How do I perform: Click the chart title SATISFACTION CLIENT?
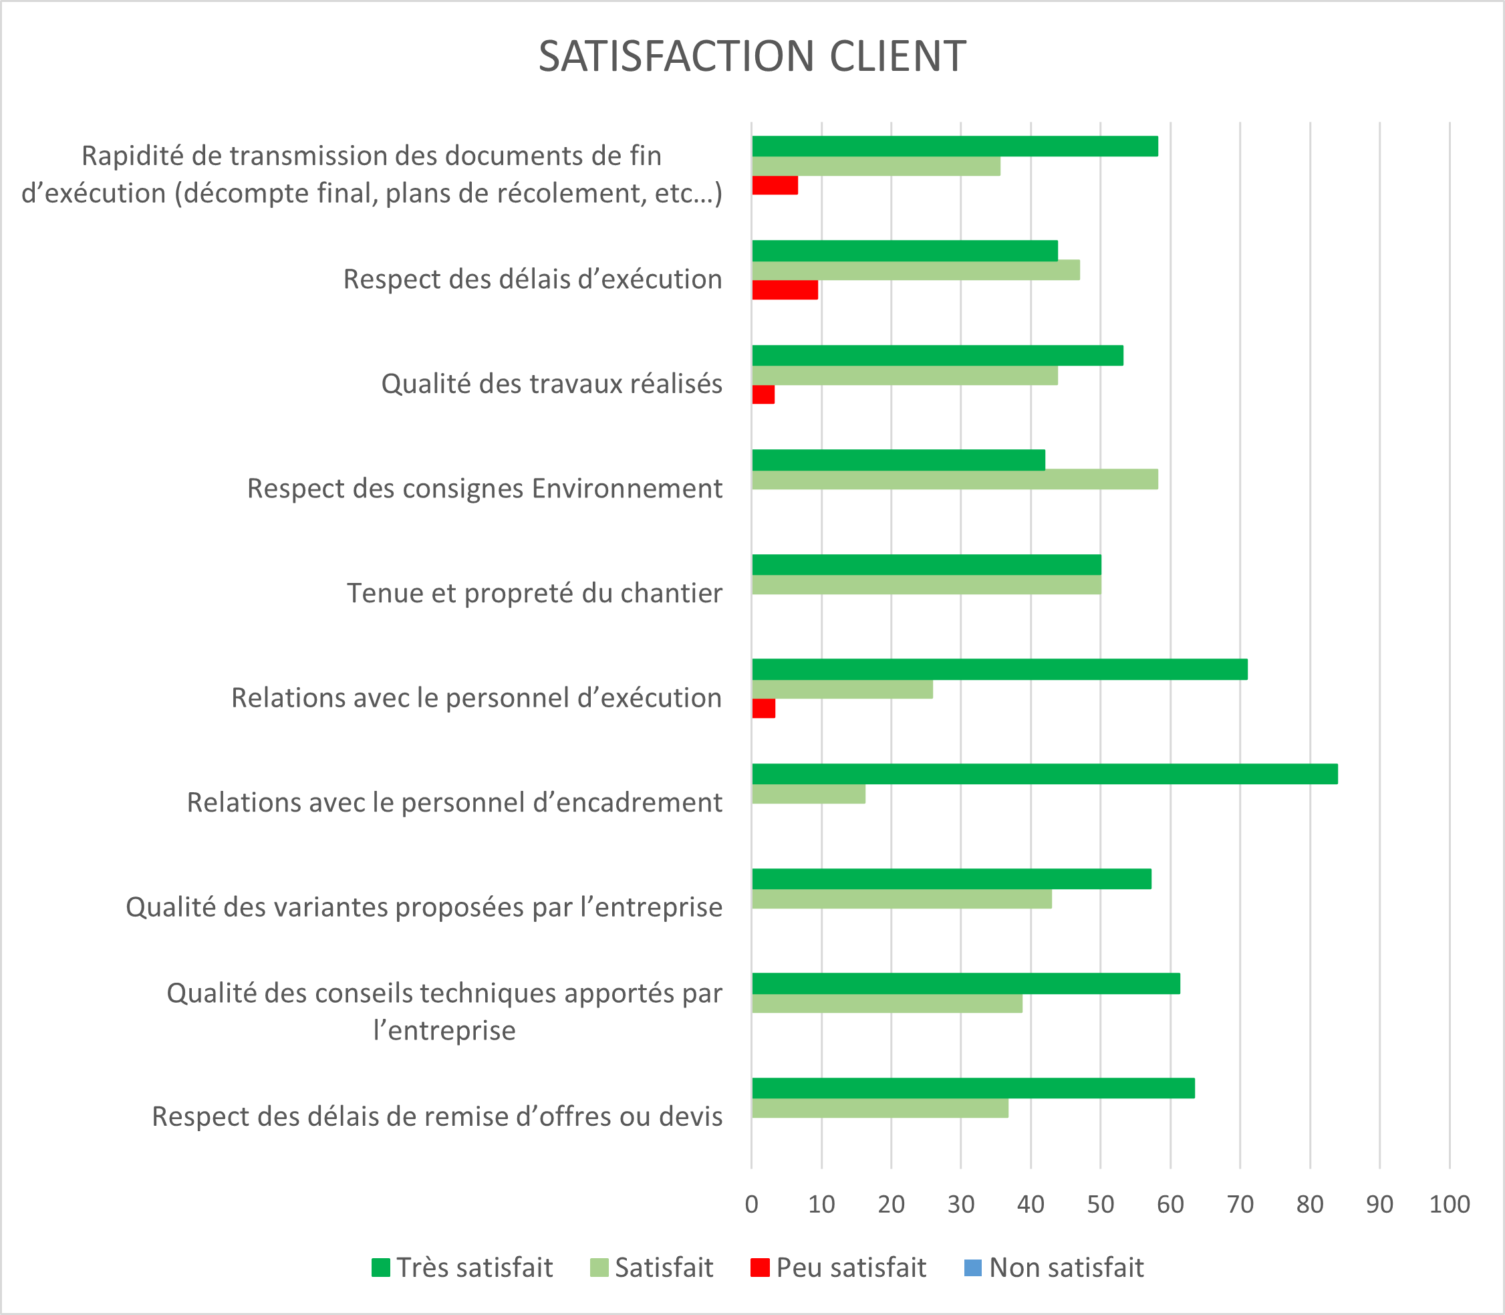[752, 57]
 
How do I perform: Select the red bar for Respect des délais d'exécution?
[784, 290]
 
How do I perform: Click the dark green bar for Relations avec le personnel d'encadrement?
[1044, 774]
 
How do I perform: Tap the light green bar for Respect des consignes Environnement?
[954, 480]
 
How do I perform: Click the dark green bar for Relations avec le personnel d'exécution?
[999, 669]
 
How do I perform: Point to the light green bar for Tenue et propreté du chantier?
[926, 585]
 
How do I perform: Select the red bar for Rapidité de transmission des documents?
[775, 186]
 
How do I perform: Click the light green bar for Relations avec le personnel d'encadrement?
[808, 794]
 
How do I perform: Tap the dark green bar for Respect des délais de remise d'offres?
[972, 1088]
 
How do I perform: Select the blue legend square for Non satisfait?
[972, 1268]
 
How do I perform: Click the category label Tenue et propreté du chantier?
[534, 593]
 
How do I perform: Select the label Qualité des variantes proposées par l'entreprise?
[424, 907]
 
